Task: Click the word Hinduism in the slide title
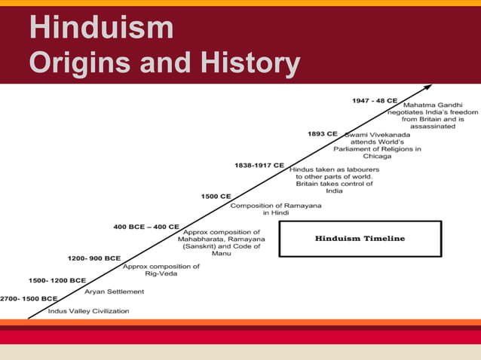[101, 28]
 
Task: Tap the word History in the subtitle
[250, 63]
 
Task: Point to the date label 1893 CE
[323, 133]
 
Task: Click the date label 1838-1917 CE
[259, 165]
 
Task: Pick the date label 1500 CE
[216, 196]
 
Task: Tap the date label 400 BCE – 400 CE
[146, 227]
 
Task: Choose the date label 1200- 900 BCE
[94, 258]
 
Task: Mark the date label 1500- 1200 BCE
[57, 280]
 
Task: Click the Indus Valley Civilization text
[88, 310]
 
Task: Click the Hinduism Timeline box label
[360, 238]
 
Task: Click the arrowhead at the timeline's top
[428, 87]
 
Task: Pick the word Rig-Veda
[161, 274]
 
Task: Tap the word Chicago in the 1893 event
[377, 157]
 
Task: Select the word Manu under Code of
[222, 254]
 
